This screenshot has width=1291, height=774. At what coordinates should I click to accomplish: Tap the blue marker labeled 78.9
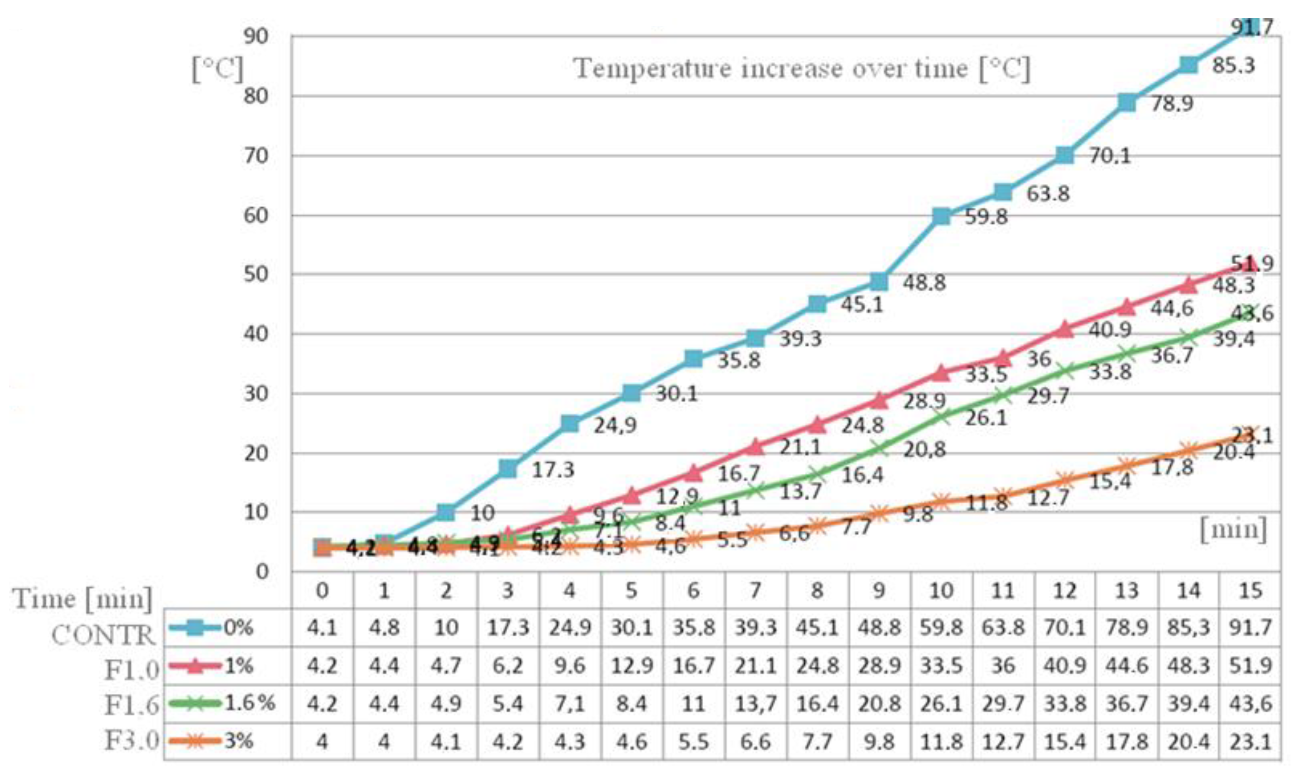(1127, 103)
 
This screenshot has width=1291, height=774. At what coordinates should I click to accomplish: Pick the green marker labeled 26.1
(941, 417)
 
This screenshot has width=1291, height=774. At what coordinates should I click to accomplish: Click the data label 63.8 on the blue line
(1048, 194)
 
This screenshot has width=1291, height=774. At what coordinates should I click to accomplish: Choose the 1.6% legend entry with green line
(222, 703)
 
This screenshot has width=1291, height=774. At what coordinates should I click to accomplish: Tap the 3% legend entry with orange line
(211, 741)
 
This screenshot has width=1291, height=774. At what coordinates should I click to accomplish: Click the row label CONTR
(103, 635)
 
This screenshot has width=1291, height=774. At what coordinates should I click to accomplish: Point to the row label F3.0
(131, 741)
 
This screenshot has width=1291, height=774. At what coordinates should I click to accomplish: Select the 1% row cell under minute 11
(1002, 666)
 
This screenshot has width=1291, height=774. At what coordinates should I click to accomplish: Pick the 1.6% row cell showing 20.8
(879, 704)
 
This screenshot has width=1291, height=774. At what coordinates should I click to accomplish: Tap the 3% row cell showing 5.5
(693, 742)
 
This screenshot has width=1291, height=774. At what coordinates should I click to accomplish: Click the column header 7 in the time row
(755, 590)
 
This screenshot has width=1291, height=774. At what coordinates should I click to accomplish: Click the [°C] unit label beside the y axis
(217, 69)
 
